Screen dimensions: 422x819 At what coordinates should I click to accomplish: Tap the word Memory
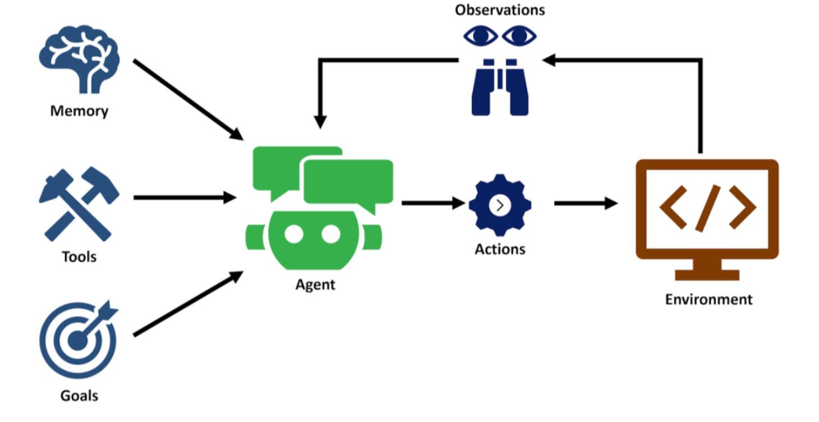pyautogui.click(x=79, y=111)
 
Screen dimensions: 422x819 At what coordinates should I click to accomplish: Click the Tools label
pyautogui.click(x=79, y=257)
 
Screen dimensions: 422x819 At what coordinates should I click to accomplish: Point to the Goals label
pyautogui.click(x=79, y=396)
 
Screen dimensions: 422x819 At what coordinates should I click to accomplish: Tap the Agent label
pyautogui.click(x=315, y=285)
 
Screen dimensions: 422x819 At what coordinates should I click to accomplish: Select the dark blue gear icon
pyautogui.click(x=500, y=205)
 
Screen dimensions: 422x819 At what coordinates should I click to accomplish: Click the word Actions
pyautogui.click(x=500, y=249)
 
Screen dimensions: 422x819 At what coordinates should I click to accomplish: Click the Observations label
pyautogui.click(x=500, y=10)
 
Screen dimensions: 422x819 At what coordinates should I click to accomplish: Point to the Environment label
pyautogui.click(x=708, y=299)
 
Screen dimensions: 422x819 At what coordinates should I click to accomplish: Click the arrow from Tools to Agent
pyautogui.click(x=185, y=198)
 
